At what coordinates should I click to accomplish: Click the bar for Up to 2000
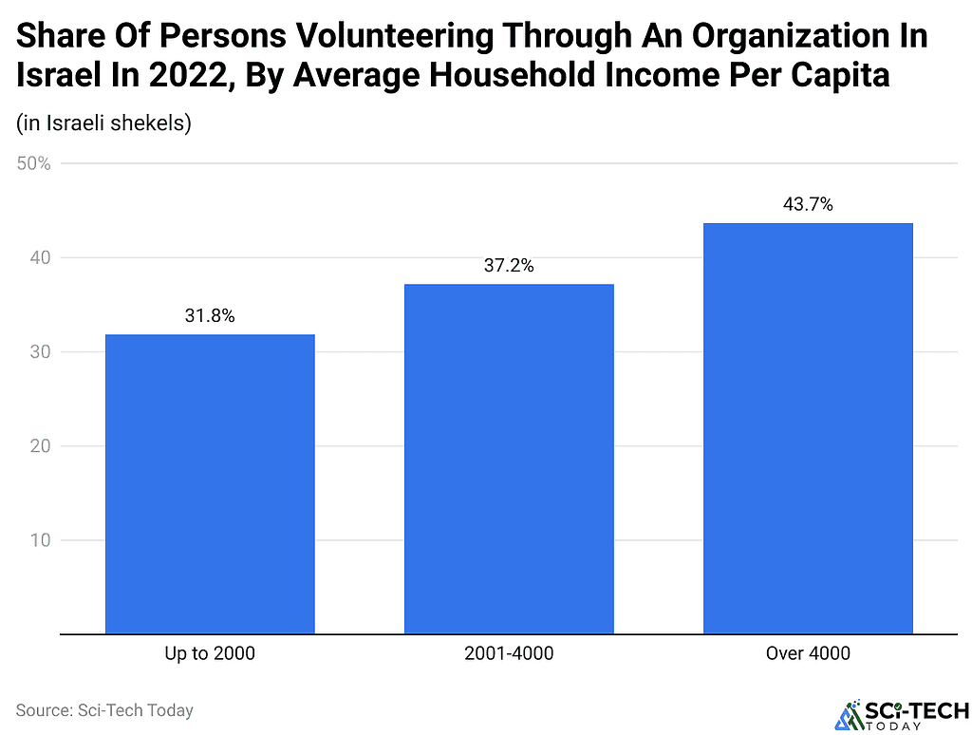(210, 483)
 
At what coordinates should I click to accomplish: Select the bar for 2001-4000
(509, 459)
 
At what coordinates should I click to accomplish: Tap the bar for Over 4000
(808, 428)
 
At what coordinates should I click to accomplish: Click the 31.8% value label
(210, 316)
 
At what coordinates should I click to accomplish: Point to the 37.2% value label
(509, 266)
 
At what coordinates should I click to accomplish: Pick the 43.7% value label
(808, 204)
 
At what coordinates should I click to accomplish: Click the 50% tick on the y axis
(33, 163)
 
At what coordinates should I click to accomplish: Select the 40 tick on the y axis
(40, 257)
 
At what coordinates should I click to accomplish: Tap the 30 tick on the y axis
(40, 352)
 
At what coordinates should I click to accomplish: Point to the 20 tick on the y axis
(40, 446)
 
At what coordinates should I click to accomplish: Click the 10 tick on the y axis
(40, 541)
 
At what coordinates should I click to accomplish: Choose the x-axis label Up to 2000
(210, 653)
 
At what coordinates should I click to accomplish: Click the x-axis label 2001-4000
(509, 653)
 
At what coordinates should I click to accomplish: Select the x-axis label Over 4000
(808, 653)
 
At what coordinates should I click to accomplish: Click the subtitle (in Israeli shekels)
(104, 124)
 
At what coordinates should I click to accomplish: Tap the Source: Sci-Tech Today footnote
(104, 709)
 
